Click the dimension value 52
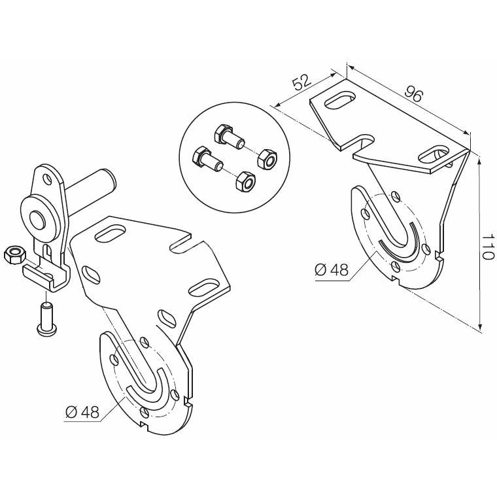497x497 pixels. tap(301, 82)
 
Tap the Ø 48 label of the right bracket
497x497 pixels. tap(332, 270)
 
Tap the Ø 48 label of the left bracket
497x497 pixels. tap(82, 413)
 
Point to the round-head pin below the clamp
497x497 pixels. tap(46, 318)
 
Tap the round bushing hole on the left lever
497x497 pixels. tap(36, 218)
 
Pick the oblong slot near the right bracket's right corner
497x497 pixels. tap(435, 154)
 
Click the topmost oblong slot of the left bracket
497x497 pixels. tap(111, 233)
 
